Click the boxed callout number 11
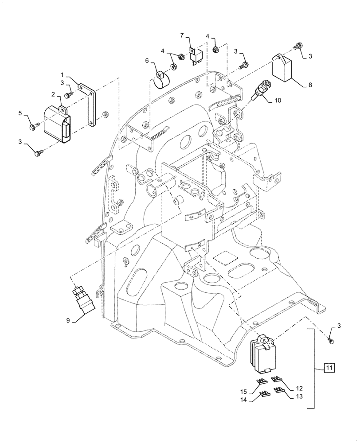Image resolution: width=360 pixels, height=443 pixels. [x=328, y=367]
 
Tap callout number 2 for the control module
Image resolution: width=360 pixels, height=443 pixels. [x=53, y=94]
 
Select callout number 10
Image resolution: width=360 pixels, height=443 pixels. [x=277, y=101]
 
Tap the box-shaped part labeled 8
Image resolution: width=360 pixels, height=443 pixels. [x=284, y=69]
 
